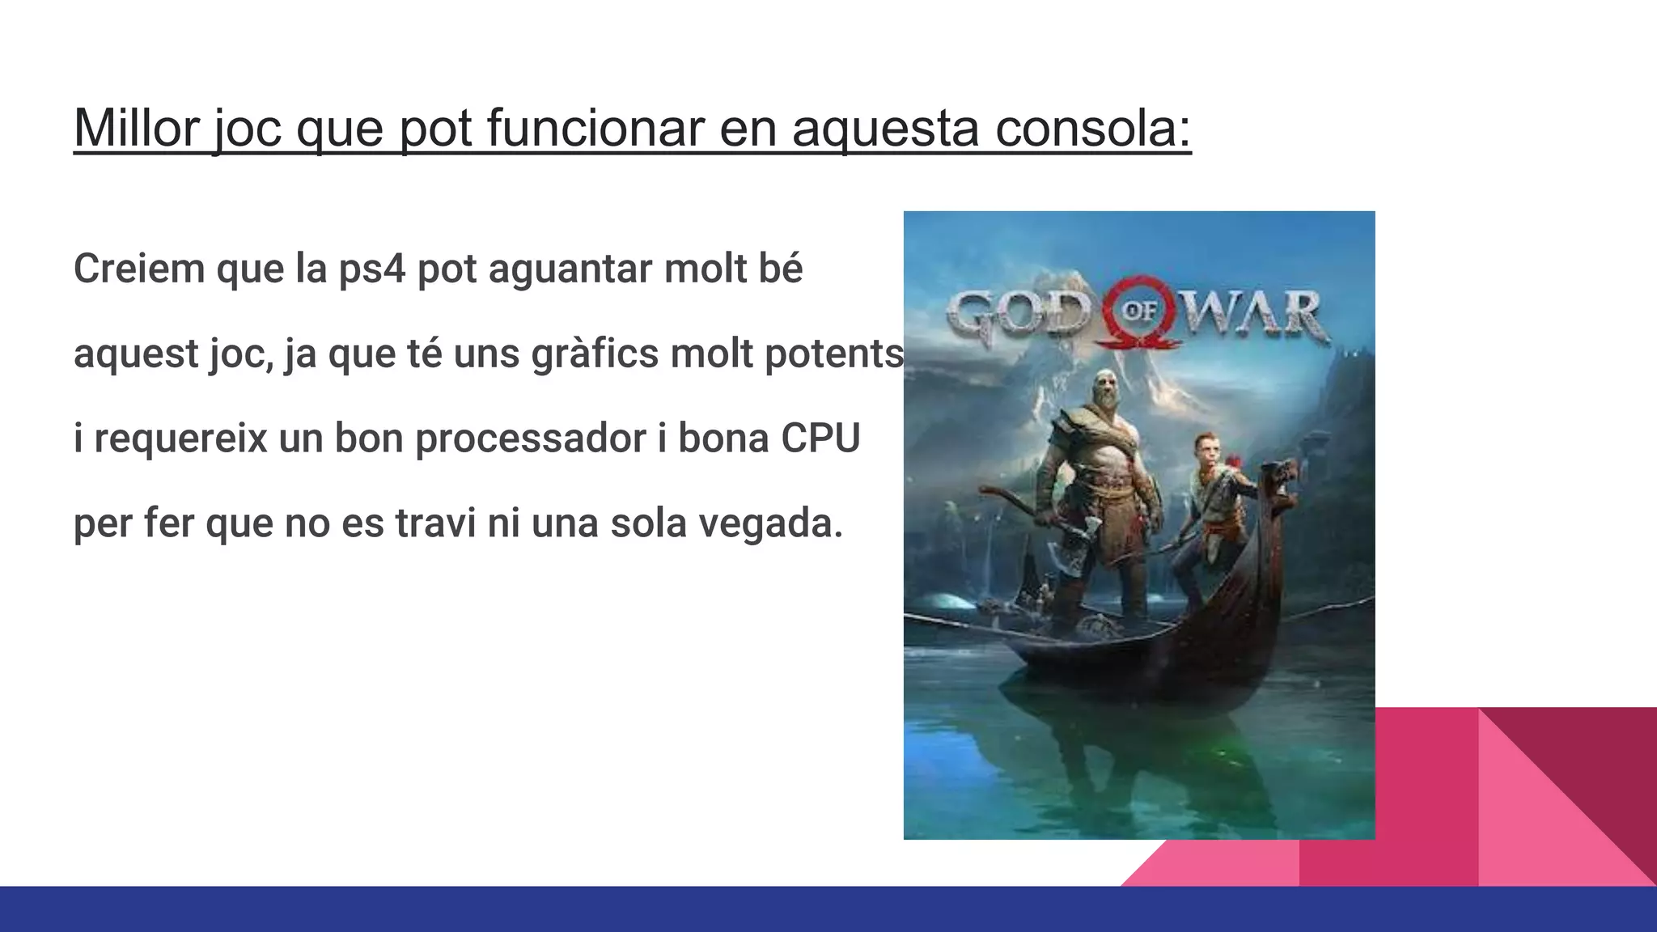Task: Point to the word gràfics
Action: (595, 354)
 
